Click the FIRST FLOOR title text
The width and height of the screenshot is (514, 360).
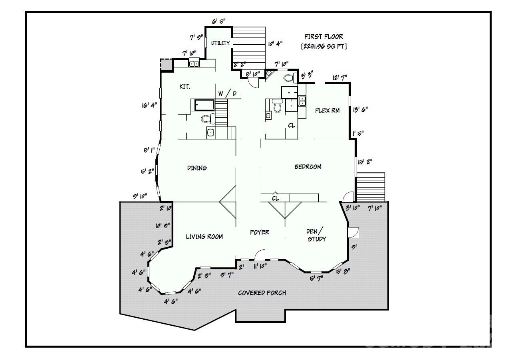[x=323, y=37]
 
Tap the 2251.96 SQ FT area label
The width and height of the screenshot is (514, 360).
[x=323, y=46]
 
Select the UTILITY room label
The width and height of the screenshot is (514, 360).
[x=220, y=43]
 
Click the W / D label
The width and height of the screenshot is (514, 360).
[x=227, y=94]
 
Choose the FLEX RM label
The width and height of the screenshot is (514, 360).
[x=327, y=111]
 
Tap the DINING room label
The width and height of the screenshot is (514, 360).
[x=197, y=168]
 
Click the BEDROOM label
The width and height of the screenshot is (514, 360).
[x=308, y=167]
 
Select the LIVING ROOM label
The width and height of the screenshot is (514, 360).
[x=204, y=237]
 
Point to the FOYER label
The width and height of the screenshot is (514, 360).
[x=260, y=232]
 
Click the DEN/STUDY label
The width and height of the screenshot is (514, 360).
[x=316, y=235]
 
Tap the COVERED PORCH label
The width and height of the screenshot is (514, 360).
[x=262, y=293]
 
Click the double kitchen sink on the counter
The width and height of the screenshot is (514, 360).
[x=194, y=63]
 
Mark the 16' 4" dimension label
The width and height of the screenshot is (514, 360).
[x=149, y=105]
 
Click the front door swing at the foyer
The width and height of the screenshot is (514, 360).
[x=260, y=254]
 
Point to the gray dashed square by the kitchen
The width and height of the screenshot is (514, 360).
[x=166, y=65]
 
